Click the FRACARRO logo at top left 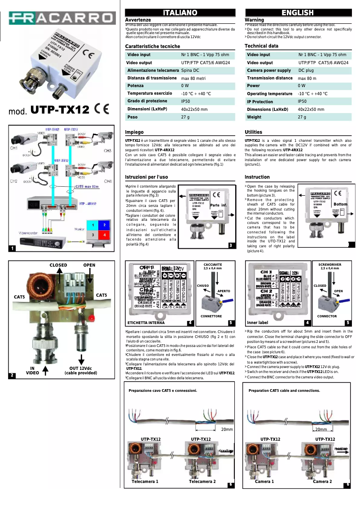[61, 18]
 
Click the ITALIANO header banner [180, 13]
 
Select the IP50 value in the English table [303, 101]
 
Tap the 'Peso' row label [132, 117]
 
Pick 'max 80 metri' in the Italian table [193, 78]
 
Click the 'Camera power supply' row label [268, 70]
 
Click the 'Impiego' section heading [134, 132]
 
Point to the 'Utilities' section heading [254, 132]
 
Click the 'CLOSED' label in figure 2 [58, 265]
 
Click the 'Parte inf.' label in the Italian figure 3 [219, 205]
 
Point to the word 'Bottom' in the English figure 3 [341, 205]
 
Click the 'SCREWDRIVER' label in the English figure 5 [330, 265]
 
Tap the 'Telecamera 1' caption [145, 482]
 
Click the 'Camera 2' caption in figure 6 [322, 482]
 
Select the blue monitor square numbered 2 [104, 225]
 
